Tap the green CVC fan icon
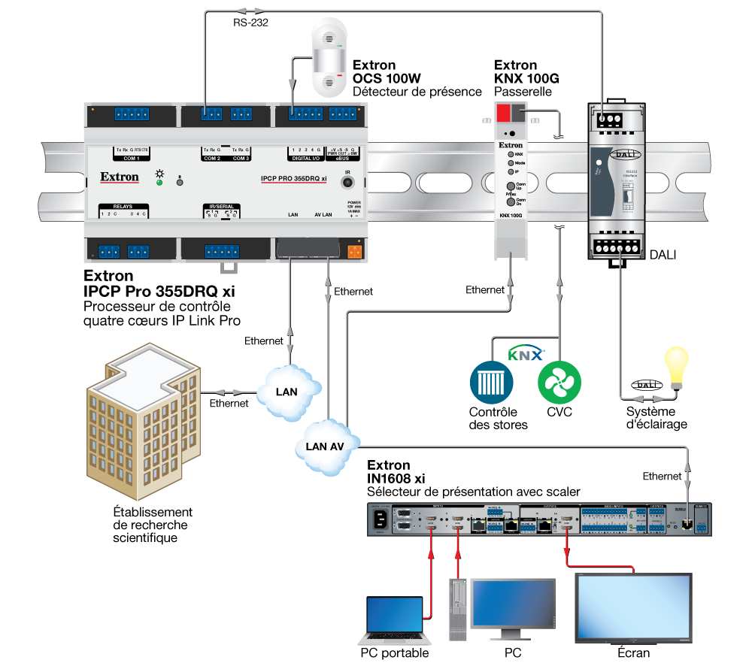click(x=559, y=382)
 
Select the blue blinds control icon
click(x=490, y=382)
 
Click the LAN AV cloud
click(x=325, y=446)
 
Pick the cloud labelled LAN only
click(x=287, y=391)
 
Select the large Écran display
click(x=632, y=608)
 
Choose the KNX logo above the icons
click(x=526, y=353)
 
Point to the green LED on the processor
click(x=159, y=182)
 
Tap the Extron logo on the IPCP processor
click(x=120, y=177)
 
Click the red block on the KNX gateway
click(x=502, y=114)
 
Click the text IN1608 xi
click(x=396, y=479)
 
